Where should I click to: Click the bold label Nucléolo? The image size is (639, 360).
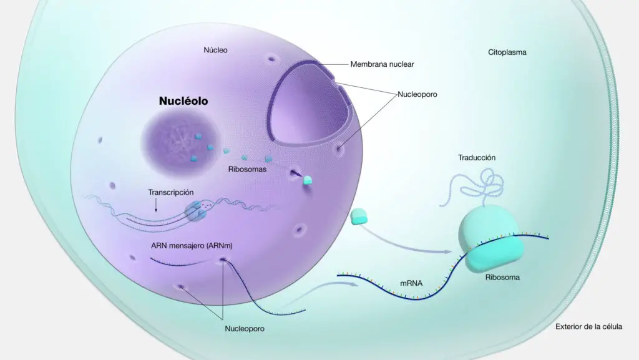click(x=183, y=101)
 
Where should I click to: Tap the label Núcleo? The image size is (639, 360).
click(x=215, y=50)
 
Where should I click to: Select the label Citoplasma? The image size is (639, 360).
click(x=507, y=52)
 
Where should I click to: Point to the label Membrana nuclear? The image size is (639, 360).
click(x=383, y=64)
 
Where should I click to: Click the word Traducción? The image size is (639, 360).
click(x=477, y=158)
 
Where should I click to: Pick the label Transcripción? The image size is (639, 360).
click(x=171, y=192)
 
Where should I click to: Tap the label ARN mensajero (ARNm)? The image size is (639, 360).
click(x=192, y=246)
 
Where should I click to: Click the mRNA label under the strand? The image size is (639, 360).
click(x=411, y=283)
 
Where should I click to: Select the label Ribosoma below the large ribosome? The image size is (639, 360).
click(x=502, y=277)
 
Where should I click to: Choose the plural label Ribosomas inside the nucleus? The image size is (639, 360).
click(x=247, y=169)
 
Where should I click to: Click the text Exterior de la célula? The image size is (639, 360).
click(x=589, y=326)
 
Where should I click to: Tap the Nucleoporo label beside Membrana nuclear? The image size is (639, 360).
click(x=417, y=94)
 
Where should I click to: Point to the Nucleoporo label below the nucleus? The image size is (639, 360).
click(x=245, y=329)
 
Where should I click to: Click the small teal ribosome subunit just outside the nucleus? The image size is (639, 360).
click(x=359, y=216)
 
